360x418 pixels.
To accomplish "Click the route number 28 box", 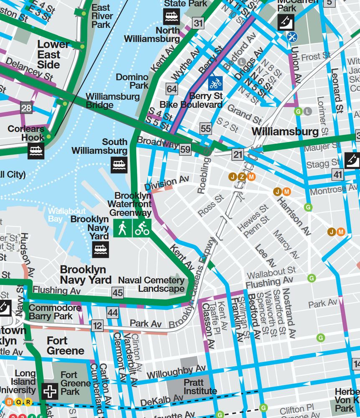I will tap(26, 108).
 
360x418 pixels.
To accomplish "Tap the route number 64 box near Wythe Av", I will tap(172, 89).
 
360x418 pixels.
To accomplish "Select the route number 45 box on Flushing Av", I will tap(118, 293).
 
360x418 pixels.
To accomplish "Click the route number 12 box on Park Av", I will tap(97, 326).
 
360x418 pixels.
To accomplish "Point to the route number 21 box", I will tap(238, 155).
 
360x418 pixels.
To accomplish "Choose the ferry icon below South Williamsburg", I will tap(119, 165).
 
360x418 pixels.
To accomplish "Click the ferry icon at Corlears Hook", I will tap(36, 151).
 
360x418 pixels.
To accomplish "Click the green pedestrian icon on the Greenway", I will tap(122, 229).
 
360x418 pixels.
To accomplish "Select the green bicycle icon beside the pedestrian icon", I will tap(142, 229).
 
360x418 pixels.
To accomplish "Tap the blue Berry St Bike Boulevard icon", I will tap(215, 83).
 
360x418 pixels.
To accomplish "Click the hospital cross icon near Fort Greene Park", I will tap(50, 392).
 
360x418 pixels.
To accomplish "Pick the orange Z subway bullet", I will tap(242, 177).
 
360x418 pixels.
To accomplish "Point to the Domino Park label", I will tap(132, 81).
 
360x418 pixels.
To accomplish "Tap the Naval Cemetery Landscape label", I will tap(151, 284).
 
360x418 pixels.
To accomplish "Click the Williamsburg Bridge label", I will tap(112, 100).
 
